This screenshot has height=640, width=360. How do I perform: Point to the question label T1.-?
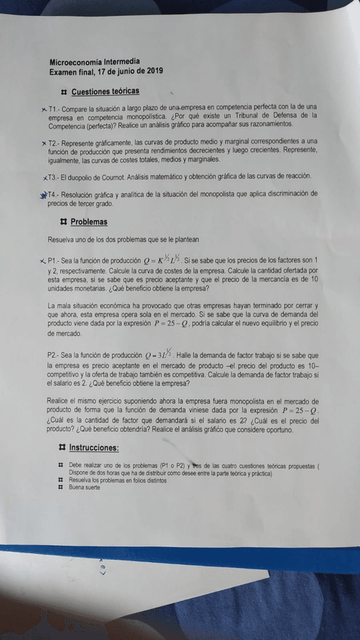point(57,110)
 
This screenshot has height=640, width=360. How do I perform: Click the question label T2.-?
point(57,142)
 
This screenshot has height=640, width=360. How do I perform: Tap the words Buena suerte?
point(85,488)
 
